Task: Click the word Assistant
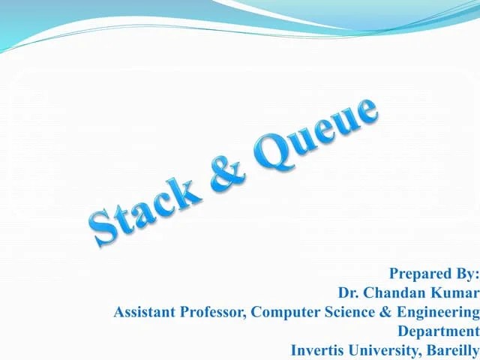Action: (x=144, y=311)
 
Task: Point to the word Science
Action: (x=345, y=311)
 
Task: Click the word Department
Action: (x=438, y=331)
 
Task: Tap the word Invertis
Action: (x=318, y=349)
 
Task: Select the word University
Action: (x=382, y=349)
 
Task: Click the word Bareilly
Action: (x=451, y=349)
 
